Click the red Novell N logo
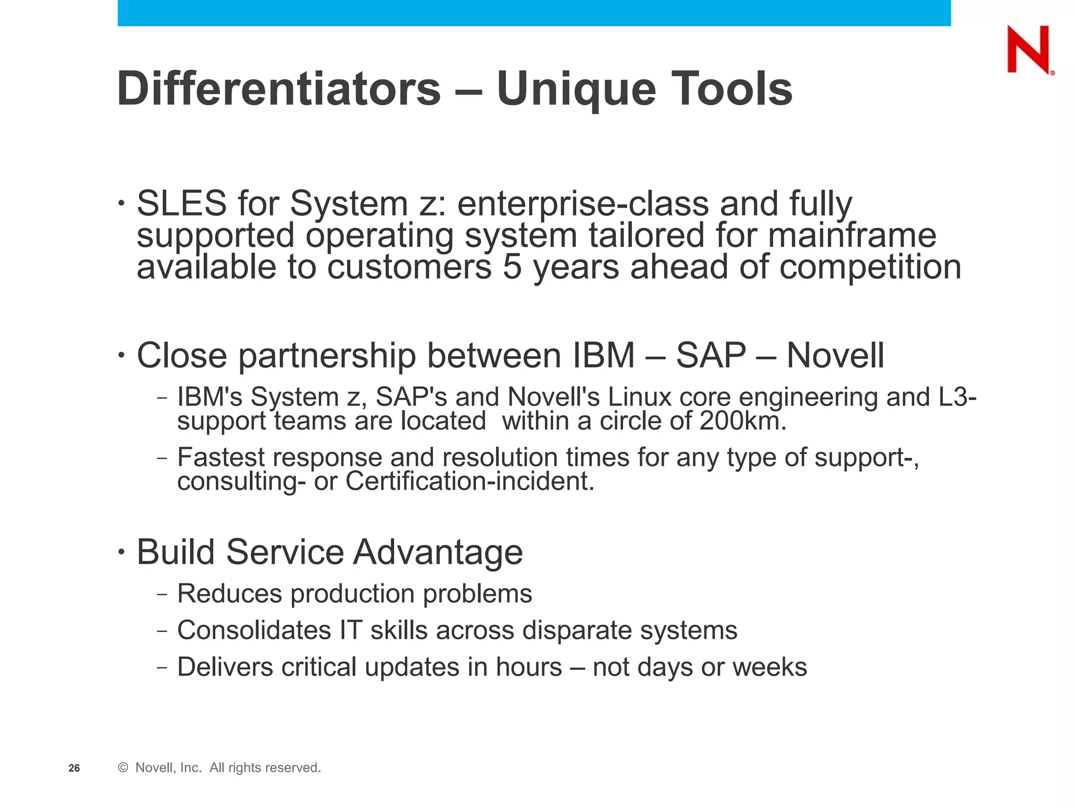click(1029, 50)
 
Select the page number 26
click(74, 768)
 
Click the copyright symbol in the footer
click(123, 768)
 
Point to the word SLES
click(182, 203)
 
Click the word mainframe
click(852, 235)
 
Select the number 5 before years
click(512, 267)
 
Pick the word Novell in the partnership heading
click(835, 356)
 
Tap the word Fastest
click(220, 457)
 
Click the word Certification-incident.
click(470, 481)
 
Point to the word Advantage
click(438, 552)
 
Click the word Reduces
click(230, 594)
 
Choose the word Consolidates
click(254, 630)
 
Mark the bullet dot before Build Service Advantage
click(122, 552)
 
